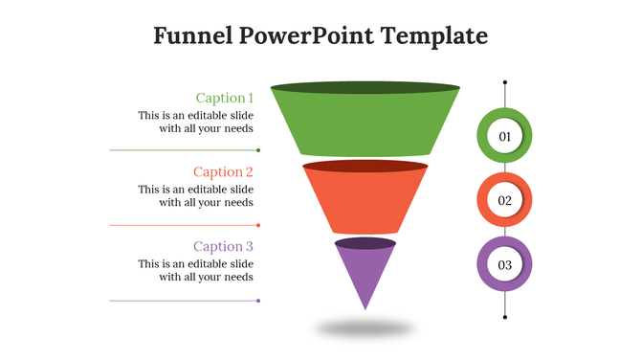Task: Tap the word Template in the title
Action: [434, 36]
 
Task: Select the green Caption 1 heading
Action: [225, 98]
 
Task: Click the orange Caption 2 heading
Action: [223, 172]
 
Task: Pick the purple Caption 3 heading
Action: [223, 246]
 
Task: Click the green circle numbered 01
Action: [504, 137]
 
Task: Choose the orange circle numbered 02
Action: [504, 201]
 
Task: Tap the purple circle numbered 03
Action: [504, 264]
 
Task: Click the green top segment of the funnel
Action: [365, 124]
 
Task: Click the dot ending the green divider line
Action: [258, 150]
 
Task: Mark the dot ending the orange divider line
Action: [258, 225]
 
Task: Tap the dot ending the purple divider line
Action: [258, 301]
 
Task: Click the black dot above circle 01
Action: [505, 83]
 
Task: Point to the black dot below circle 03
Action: [505, 317]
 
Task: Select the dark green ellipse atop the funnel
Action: [365, 87]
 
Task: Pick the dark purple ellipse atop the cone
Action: [365, 243]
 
